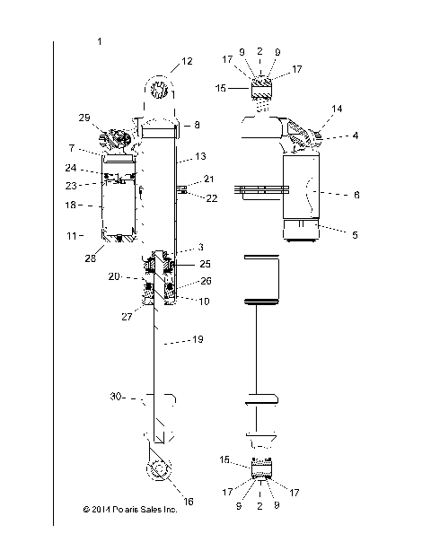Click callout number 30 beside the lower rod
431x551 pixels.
click(116, 396)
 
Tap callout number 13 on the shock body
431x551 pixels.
click(200, 155)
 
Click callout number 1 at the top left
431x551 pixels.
click(99, 42)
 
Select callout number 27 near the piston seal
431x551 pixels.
click(128, 315)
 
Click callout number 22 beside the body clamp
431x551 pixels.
click(212, 198)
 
